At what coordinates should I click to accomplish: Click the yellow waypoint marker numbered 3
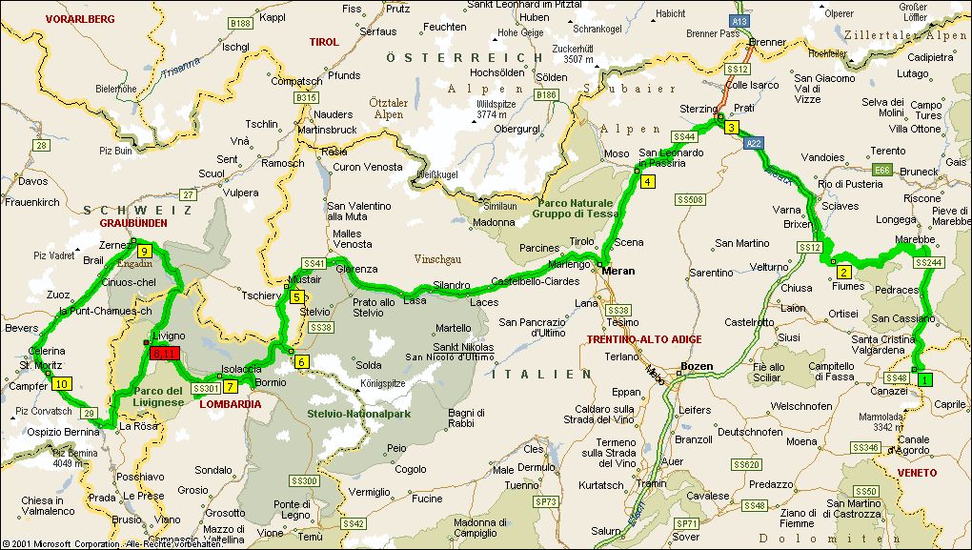coord(731,128)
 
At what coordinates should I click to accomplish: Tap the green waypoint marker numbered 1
coord(923,379)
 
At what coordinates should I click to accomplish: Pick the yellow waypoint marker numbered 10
coord(62,383)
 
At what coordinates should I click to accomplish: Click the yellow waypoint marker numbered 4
coord(648,182)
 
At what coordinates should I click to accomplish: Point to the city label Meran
coord(618,271)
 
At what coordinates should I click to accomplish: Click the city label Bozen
coord(697,367)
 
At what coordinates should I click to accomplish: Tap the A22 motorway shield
coord(754,143)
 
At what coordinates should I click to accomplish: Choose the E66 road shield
coord(883,170)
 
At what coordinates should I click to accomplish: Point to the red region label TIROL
coord(324,42)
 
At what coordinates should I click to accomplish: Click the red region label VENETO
coord(917,473)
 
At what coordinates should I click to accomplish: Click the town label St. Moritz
coord(41,364)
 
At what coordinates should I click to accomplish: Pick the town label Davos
coord(31,181)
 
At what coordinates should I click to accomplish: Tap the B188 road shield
coord(240,23)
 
